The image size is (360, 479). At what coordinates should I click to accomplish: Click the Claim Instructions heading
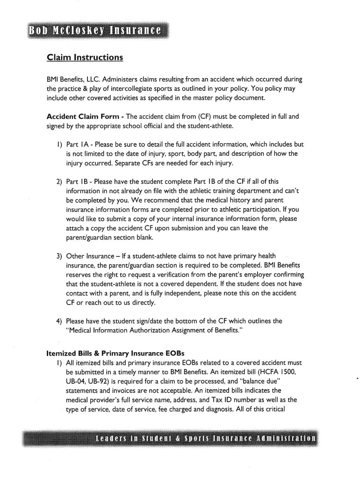85,58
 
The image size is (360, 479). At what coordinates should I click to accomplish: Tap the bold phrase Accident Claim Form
82,116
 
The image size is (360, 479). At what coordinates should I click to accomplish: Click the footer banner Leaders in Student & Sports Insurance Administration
205,439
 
